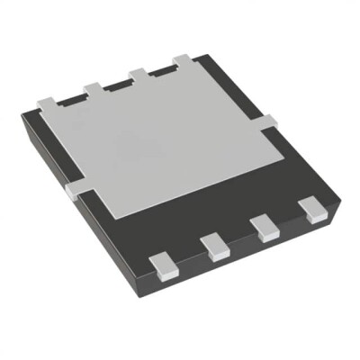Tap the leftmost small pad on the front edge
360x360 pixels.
coord(162,263)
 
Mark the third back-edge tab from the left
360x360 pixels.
coord(139,73)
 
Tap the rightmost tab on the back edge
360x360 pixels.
coord(183,61)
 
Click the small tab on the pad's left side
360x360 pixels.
coord(74,189)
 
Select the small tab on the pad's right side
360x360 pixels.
coord(268,121)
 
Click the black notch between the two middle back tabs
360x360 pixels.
coord(117,82)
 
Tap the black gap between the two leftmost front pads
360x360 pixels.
coord(188,255)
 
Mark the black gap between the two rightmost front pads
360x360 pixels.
coord(289,219)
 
